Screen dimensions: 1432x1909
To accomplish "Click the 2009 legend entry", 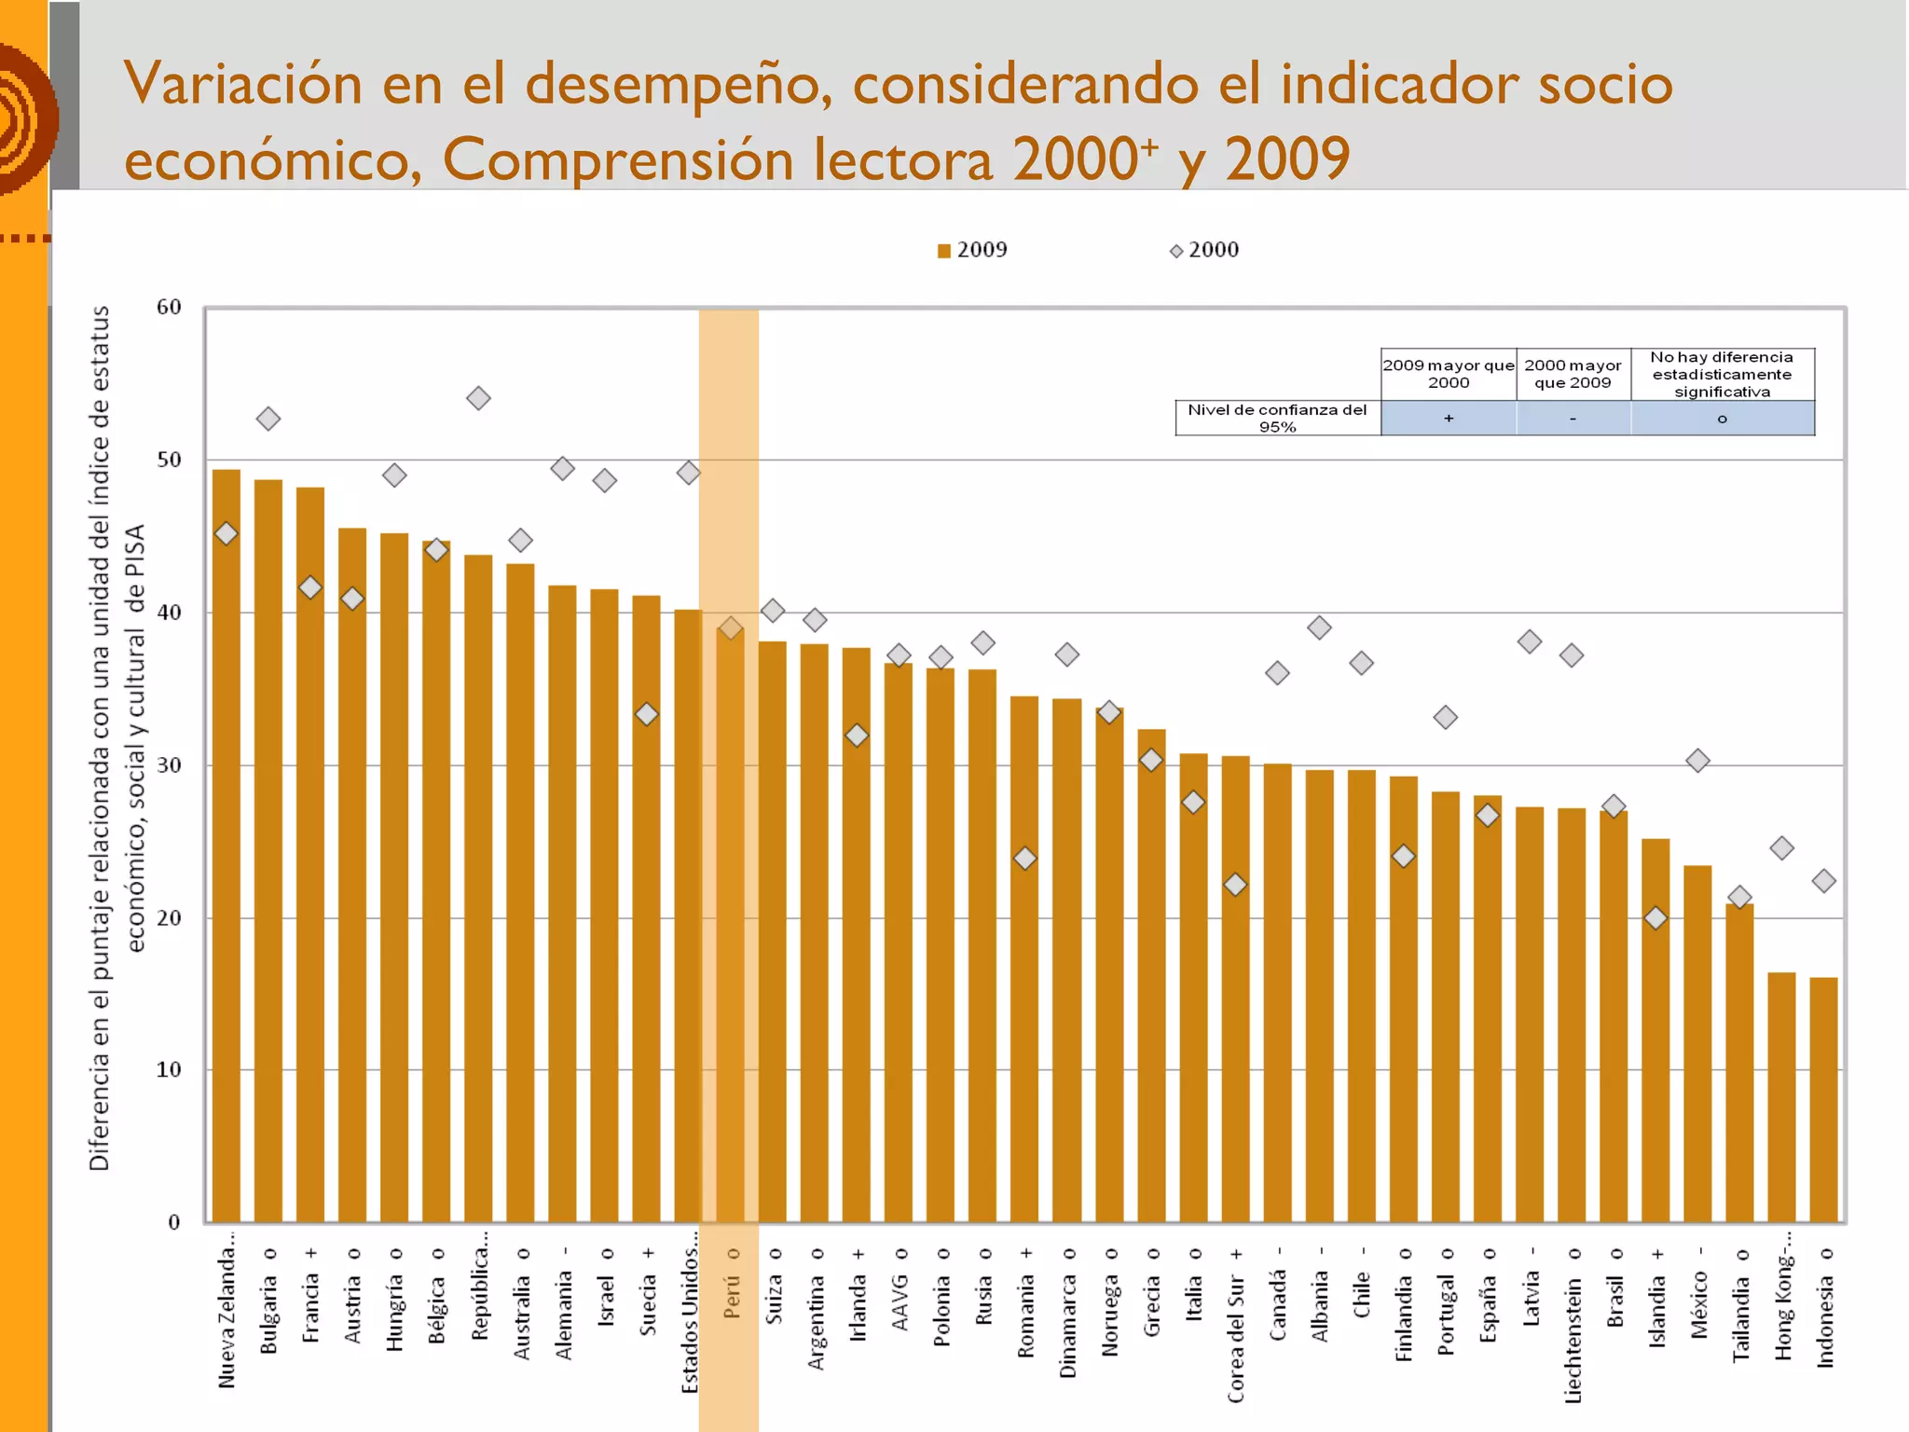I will (x=972, y=250).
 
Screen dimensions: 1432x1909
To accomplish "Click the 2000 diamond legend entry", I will (x=1204, y=250).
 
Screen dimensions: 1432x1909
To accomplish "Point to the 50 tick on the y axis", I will (x=169, y=460).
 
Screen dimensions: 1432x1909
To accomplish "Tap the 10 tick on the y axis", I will (x=169, y=1070).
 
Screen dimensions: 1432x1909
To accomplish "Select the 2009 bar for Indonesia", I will (x=1823, y=1100).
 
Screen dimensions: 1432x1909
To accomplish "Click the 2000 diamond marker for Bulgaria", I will (x=268, y=419).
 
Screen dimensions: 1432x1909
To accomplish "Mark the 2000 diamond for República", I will (x=478, y=398).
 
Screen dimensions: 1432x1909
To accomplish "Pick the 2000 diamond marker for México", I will (x=1697, y=761).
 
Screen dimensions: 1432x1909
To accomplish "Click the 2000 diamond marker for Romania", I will (x=1025, y=858).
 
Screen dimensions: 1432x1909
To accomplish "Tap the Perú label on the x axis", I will (x=732, y=1296).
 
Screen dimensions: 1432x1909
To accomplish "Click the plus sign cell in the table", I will (x=1449, y=419).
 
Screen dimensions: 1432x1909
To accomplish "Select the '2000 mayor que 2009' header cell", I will (x=1573, y=374).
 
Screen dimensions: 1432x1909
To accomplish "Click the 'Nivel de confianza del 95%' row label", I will (x=1277, y=418).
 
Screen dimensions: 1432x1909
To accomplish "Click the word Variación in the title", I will (x=242, y=84).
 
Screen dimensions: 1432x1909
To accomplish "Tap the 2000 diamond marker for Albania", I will (x=1319, y=627).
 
